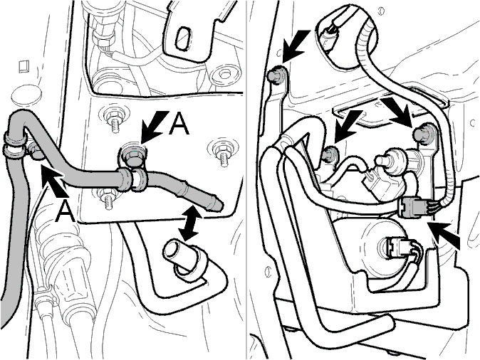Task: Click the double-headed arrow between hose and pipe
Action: click(x=191, y=223)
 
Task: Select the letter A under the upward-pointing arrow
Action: click(x=64, y=211)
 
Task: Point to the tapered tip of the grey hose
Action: click(x=218, y=204)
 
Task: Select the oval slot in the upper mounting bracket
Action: click(x=183, y=39)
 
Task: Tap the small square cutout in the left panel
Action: click(x=24, y=66)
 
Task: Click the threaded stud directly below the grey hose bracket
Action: click(x=108, y=198)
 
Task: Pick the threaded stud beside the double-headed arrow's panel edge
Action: click(x=221, y=154)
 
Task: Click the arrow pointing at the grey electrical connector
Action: click(x=444, y=235)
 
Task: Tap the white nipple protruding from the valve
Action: click(x=383, y=159)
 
